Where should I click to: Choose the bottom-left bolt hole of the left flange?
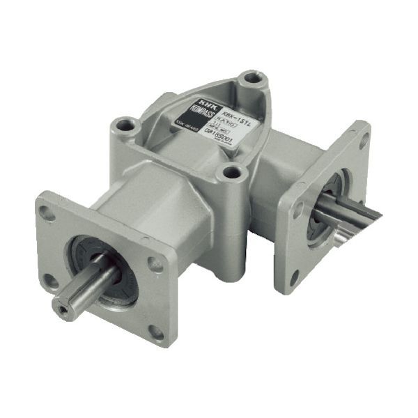point(49,281)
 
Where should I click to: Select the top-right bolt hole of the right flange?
point(362,139)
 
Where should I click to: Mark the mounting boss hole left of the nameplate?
point(125,126)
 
